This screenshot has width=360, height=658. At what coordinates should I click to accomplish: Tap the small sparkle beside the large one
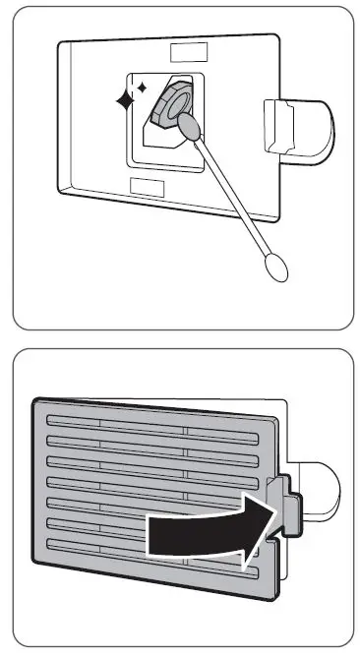(142, 89)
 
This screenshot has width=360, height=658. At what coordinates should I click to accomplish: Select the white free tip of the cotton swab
(274, 265)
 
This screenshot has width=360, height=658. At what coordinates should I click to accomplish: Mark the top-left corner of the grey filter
(37, 401)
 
